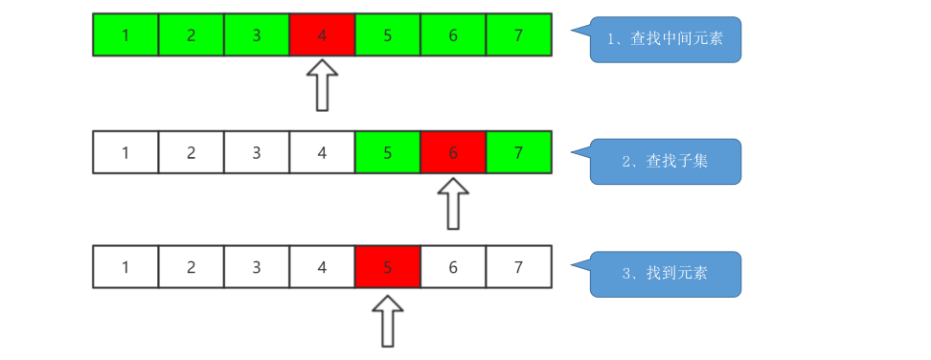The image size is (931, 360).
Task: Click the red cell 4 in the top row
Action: pos(322,35)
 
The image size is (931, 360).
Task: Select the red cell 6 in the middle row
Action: pos(453,152)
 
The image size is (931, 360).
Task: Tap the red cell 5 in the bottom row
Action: pos(387,267)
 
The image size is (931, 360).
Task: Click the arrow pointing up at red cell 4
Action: pos(324,85)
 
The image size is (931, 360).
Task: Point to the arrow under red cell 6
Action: pos(453,203)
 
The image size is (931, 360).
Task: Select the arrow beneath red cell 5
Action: pos(388,320)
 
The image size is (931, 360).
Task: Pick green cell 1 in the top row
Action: pos(125,35)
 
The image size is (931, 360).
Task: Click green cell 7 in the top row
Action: pos(518,35)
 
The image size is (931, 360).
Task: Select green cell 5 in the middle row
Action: pos(387,152)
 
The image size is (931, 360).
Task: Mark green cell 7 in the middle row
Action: pos(518,152)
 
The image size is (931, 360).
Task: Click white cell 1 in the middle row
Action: pos(125,152)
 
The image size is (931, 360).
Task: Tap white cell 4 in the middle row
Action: pos(322,152)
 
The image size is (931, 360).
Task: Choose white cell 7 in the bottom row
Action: pos(518,267)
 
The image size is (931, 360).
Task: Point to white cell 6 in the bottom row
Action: pos(453,267)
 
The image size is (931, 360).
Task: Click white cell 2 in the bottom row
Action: pos(191,267)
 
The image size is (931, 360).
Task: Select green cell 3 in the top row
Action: pos(257,35)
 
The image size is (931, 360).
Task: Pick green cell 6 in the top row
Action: pos(453,35)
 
